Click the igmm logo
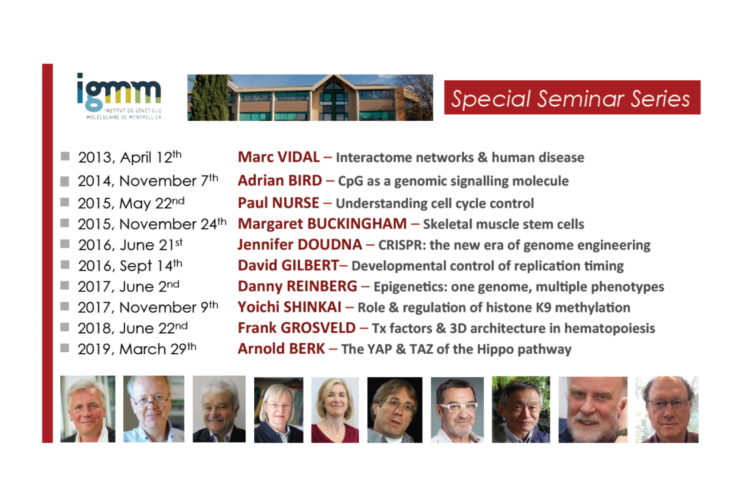pos(119,97)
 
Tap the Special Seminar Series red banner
pos(572,98)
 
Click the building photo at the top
pos(310,98)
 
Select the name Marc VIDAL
pos(279,157)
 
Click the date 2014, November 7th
pos(148,180)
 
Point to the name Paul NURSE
pos(278,203)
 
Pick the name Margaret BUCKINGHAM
pos(322,224)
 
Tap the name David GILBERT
pos(288,265)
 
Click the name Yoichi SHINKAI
pos(289,307)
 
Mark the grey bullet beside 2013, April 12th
pos(65,156)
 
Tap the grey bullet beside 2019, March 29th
pos(65,348)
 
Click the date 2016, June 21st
pos(130,245)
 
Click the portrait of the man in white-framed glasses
pos(457,410)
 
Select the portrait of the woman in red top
pos(335,410)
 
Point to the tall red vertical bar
pos(47,253)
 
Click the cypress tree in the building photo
pos(208,98)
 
